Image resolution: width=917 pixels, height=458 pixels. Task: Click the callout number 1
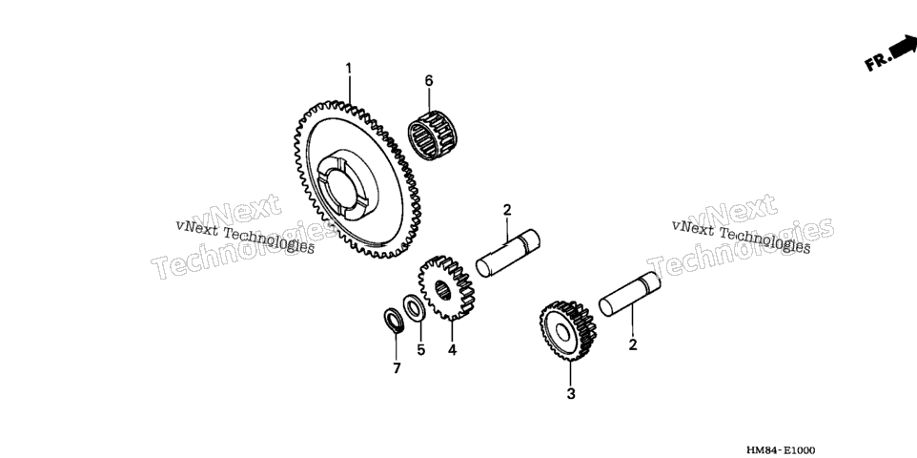point(349,69)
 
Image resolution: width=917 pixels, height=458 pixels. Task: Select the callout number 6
point(429,81)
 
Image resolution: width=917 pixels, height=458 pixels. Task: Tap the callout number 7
point(397,368)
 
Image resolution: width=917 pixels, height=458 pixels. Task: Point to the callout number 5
point(421,350)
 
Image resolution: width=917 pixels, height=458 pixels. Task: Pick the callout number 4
point(452,350)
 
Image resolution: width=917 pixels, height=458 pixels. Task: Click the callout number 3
point(571,394)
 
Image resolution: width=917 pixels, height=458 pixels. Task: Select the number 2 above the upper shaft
point(507,210)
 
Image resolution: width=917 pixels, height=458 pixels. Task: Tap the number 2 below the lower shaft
point(632,345)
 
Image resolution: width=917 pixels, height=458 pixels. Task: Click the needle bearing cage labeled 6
point(432,135)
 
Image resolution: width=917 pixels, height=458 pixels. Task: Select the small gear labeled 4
point(447,287)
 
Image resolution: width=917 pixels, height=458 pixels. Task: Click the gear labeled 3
point(568,331)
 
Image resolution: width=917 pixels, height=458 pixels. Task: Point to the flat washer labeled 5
point(415,308)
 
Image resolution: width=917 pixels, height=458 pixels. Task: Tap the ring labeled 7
point(395,321)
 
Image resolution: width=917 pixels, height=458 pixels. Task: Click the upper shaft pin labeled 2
point(508,253)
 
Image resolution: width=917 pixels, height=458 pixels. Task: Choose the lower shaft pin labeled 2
point(630,294)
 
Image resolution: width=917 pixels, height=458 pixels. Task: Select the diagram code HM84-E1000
point(780,449)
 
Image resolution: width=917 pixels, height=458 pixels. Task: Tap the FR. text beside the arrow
point(879,61)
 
